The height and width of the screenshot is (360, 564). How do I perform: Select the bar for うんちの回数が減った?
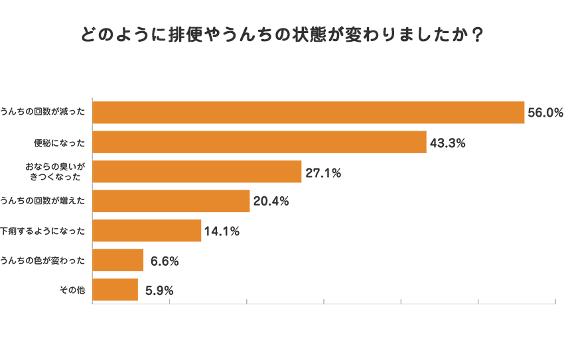(309, 113)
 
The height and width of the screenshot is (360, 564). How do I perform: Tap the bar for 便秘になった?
(259, 142)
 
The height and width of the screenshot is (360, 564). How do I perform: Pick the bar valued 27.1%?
(197, 172)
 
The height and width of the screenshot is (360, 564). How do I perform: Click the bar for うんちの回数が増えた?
(171, 201)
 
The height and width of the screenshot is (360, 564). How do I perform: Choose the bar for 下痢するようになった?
(147, 231)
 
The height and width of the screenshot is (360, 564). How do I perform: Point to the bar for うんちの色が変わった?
(118, 260)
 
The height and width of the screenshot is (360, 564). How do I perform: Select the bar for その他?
(115, 290)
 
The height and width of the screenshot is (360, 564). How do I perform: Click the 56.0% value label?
(545, 113)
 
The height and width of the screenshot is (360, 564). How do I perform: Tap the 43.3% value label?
(448, 143)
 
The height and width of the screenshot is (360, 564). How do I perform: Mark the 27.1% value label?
(323, 172)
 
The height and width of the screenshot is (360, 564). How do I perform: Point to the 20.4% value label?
(271, 202)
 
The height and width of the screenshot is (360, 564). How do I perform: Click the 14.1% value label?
(222, 231)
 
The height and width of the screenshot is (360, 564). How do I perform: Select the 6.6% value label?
(165, 261)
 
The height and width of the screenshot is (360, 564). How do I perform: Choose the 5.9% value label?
(159, 290)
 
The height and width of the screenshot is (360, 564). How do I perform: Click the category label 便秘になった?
(60, 143)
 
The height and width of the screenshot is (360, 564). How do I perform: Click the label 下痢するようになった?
(43, 231)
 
